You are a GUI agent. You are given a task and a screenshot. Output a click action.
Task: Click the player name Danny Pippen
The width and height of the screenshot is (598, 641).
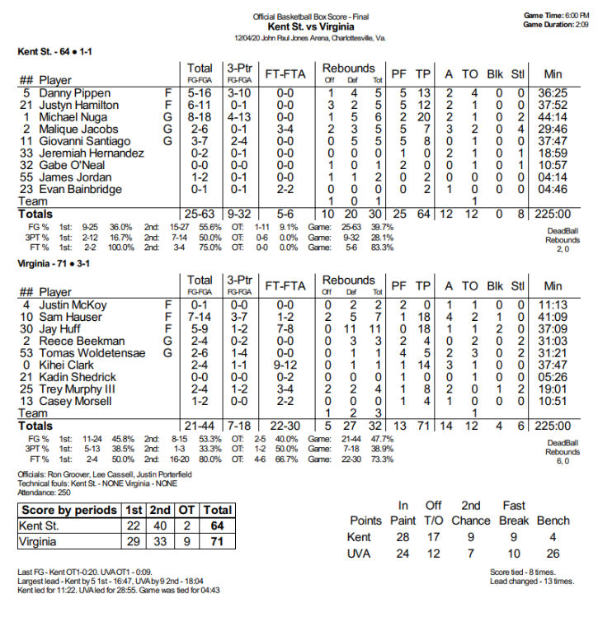(x=74, y=93)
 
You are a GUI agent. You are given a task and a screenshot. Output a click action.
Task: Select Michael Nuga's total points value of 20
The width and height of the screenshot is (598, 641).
(x=423, y=117)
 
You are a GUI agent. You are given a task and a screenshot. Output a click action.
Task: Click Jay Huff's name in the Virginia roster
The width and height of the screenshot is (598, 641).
(x=62, y=329)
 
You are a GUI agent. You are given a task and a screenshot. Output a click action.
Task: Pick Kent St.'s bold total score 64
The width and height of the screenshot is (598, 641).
(x=218, y=526)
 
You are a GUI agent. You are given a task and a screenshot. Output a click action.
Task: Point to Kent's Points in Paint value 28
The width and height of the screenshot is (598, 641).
(x=403, y=536)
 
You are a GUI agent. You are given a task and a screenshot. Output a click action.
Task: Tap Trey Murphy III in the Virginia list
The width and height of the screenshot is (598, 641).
(x=78, y=389)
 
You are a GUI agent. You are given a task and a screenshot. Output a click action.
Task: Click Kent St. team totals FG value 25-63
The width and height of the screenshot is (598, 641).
(x=200, y=214)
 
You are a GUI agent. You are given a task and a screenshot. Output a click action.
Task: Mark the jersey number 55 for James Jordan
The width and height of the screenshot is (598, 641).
(x=26, y=177)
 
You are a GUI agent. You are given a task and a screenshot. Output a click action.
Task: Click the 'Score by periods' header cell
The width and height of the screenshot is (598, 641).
(x=69, y=510)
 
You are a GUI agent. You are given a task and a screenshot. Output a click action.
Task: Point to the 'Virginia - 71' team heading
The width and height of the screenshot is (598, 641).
(x=41, y=264)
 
